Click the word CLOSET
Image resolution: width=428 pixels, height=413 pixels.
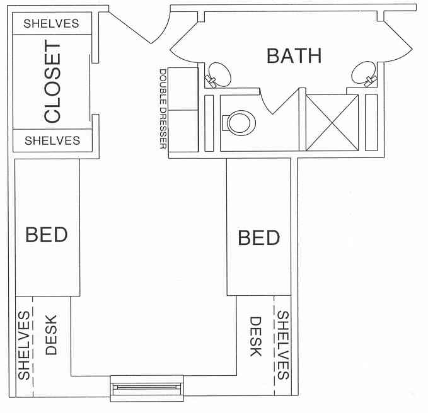52,82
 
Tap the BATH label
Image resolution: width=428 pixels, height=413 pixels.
294,55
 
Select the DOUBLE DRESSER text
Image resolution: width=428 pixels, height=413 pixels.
163,109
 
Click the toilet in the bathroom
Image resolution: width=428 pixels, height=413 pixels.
238,122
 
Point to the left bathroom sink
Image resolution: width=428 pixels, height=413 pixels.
218,73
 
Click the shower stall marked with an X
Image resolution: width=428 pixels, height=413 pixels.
332,123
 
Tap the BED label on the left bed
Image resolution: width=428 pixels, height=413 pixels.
46,235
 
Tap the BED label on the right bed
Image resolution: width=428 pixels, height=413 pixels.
258,238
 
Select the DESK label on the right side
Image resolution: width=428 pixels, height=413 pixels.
255,337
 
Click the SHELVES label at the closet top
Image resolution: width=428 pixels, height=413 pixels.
52,24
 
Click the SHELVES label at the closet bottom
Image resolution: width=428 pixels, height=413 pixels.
52,140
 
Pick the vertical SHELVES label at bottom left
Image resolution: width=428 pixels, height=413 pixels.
24,346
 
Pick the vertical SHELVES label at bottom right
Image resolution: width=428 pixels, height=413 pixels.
283,346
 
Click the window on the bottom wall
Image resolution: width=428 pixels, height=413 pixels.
146,387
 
